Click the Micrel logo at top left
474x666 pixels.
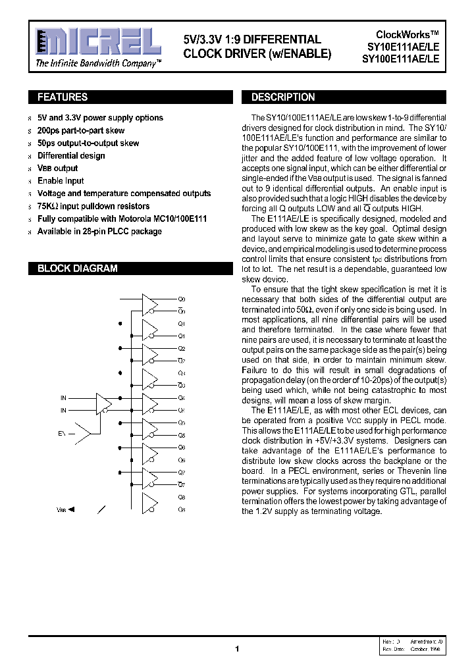97,42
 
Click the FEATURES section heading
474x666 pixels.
63,97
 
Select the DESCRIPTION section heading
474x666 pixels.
283,97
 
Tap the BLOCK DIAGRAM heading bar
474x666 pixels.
78,269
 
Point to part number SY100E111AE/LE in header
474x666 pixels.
404,58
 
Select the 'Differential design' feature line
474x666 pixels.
71,156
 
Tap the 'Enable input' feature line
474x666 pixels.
61,181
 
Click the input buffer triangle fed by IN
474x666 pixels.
104,403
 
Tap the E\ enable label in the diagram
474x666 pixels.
62,434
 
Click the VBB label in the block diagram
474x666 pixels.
61,509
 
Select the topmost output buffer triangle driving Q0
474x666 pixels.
150,304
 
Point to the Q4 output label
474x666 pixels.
182,397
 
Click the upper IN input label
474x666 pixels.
64,397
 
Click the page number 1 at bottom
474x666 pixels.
237,649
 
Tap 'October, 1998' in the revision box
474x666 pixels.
426,649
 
